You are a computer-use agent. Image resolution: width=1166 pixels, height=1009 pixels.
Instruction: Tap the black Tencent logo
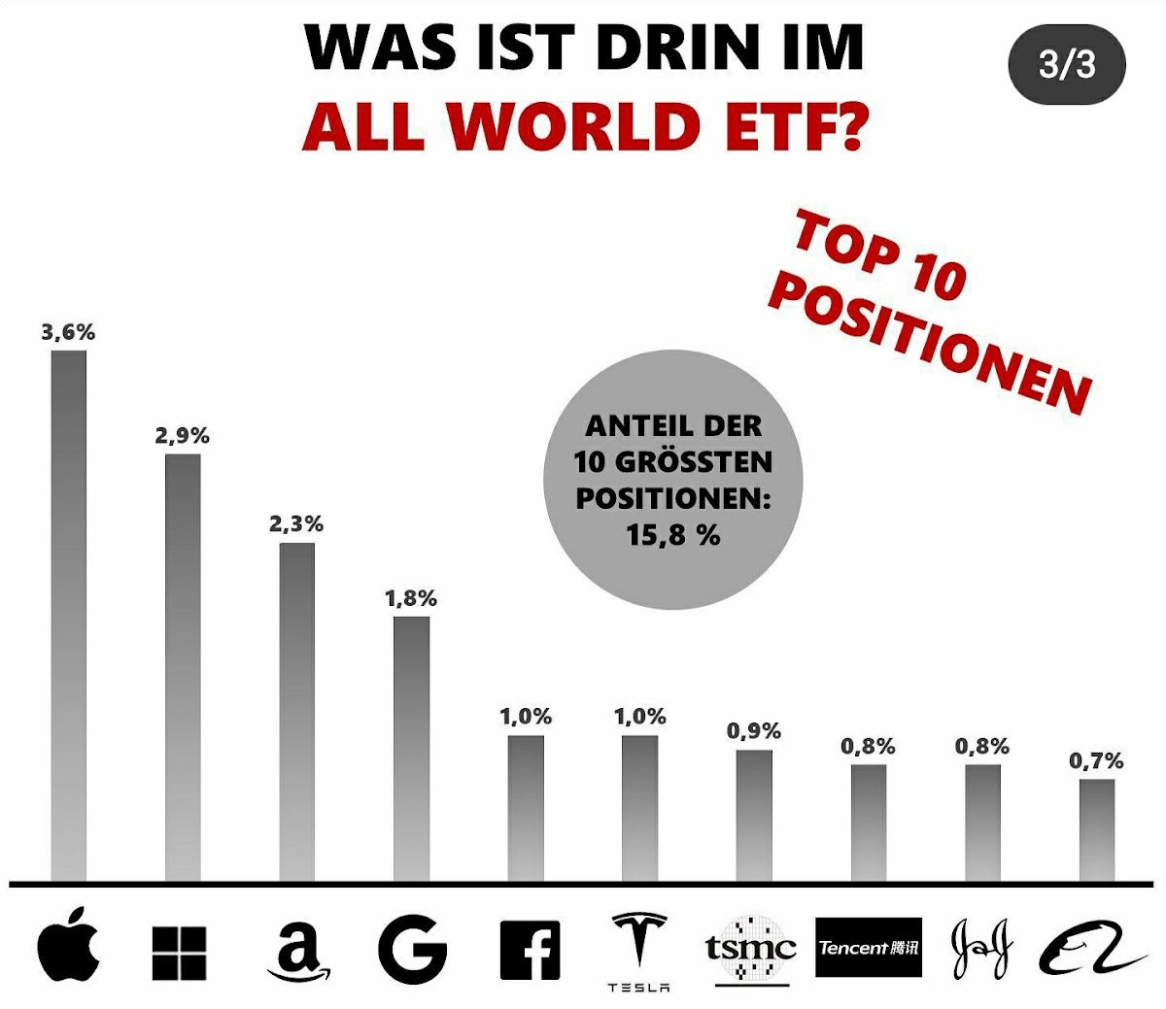tap(868, 947)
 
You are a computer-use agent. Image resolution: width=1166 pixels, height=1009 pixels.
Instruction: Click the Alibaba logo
tap(1092, 948)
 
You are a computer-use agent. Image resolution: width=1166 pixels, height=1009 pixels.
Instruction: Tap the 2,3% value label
tap(296, 524)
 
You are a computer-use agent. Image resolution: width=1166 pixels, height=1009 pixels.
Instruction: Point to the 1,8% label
tap(411, 599)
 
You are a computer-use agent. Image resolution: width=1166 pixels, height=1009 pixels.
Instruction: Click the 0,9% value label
tap(754, 731)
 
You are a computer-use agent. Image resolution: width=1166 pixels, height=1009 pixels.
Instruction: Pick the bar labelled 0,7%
tap(1097, 829)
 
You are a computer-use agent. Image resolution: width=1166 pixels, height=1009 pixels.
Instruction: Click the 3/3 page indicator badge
tap(1067, 65)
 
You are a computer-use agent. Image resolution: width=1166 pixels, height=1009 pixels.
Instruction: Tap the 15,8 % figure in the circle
tap(673, 534)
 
